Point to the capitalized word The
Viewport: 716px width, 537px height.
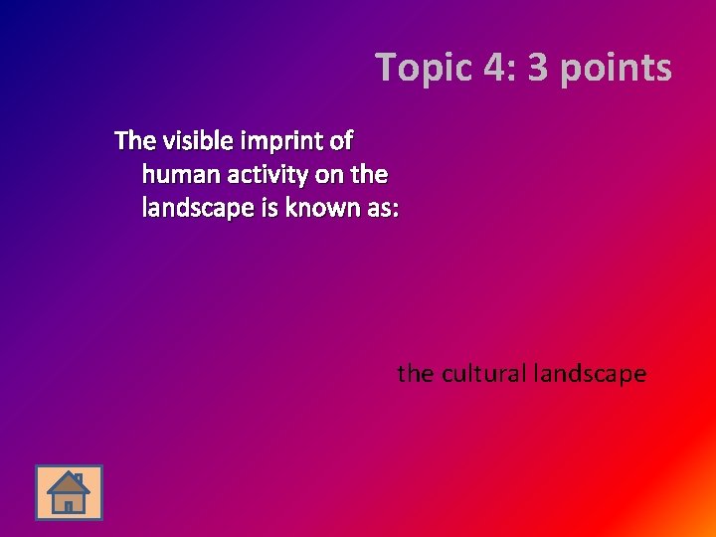[134, 140]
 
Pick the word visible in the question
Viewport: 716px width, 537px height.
[192, 140]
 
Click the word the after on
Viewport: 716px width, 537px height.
[369, 175]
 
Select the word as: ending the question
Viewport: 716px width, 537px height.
[379, 209]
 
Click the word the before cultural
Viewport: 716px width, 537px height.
[415, 374]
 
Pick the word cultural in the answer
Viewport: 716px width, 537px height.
[481, 374]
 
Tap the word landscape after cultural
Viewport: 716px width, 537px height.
[590, 375]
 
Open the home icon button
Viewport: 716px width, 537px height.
[69, 492]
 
